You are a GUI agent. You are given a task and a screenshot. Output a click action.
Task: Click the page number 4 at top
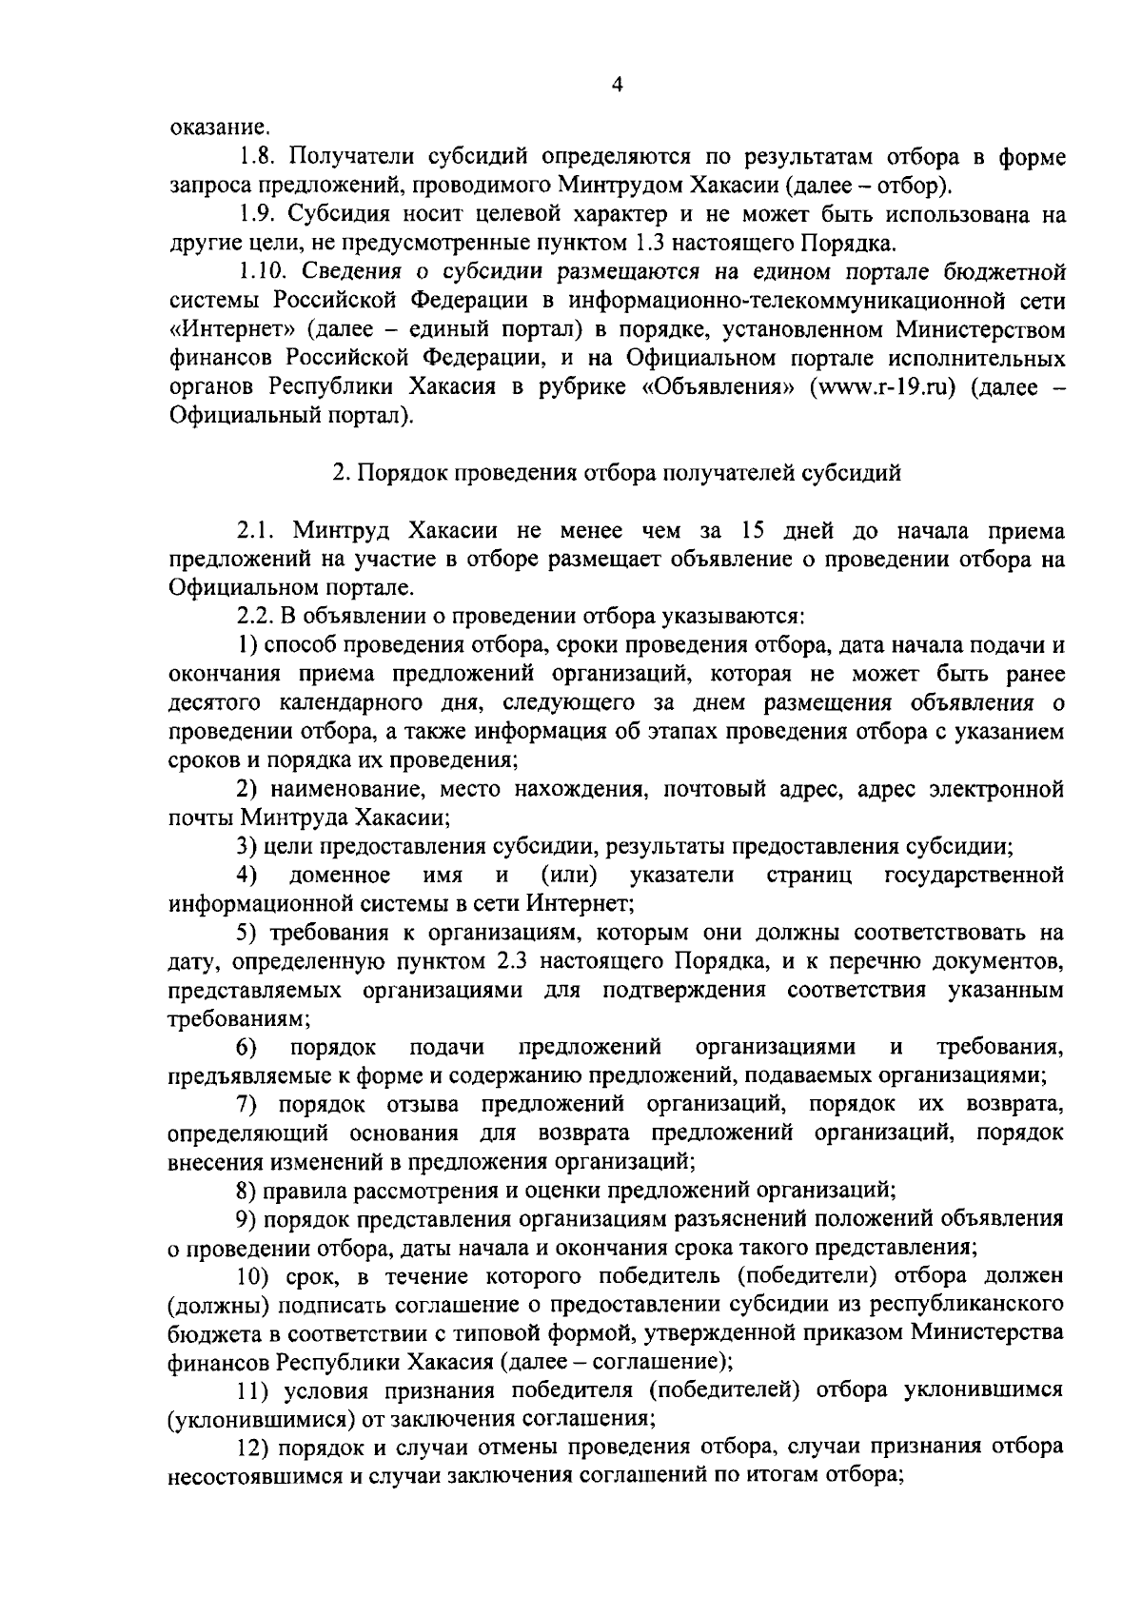tap(617, 86)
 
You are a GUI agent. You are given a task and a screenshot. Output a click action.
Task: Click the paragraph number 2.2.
tap(257, 616)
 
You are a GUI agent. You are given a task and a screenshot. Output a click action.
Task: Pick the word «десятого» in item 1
tap(213, 703)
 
